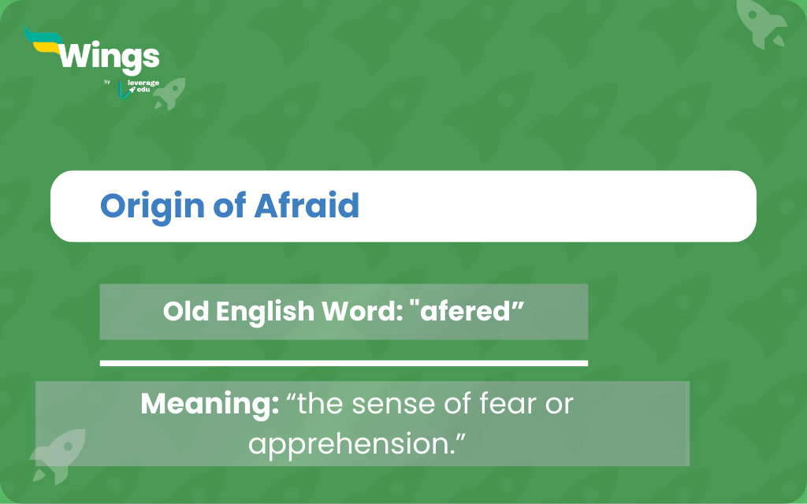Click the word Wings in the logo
click(x=109, y=57)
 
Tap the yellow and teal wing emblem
click(x=44, y=39)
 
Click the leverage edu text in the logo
click(x=143, y=86)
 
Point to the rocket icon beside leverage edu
click(x=170, y=94)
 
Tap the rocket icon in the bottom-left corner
click(x=58, y=456)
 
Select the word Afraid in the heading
click(x=307, y=206)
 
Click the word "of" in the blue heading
click(x=229, y=206)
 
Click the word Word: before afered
click(x=362, y=311)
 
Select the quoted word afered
click(x=467, y=311)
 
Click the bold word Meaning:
click(x=210, y=404)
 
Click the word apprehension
click(x=352, y=444)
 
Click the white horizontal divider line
click(x=344, y=364)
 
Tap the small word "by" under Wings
click(x=107, y=82)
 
